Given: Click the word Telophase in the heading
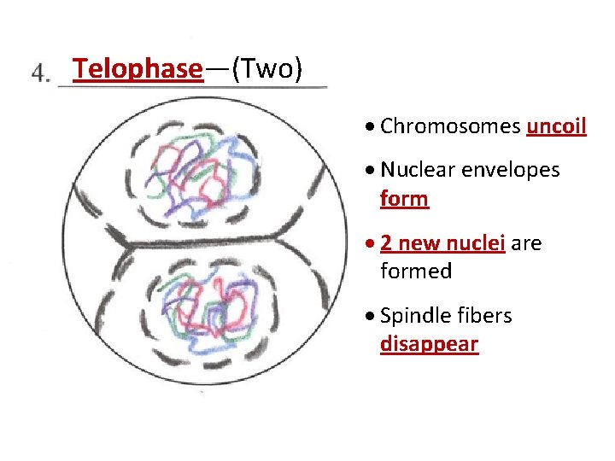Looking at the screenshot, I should tap(138, 68).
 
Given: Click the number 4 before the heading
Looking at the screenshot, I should tap(39, 73).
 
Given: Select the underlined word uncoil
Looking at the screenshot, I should tap(556, 126).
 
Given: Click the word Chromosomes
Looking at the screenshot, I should tap(450, 126).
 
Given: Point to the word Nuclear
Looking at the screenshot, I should tap(418, 170).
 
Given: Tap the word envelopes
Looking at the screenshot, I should tap(511, 170).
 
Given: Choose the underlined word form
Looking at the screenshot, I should tap(404, 199).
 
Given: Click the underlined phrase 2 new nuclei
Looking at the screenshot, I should tap(443, 243).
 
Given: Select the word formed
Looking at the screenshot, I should tap(416, 271).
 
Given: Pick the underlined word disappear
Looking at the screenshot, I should tap(429, 344).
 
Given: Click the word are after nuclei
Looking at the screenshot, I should tap(527, 243).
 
